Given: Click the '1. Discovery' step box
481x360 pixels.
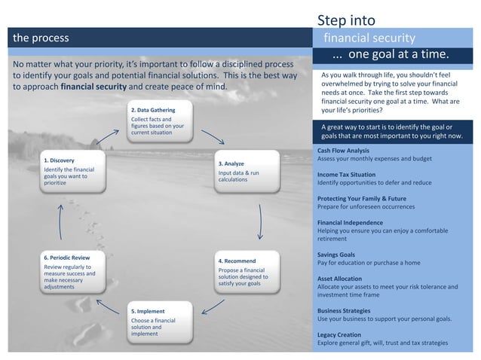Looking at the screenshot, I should [x=74, y=171].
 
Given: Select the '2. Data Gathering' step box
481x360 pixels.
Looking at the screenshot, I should [x=160, y=122].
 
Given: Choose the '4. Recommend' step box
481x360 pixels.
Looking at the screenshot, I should [x=247, y=272].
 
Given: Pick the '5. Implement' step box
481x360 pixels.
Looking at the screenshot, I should [x=160, y=322].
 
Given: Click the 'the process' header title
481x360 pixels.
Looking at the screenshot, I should [x=40, y=38].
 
